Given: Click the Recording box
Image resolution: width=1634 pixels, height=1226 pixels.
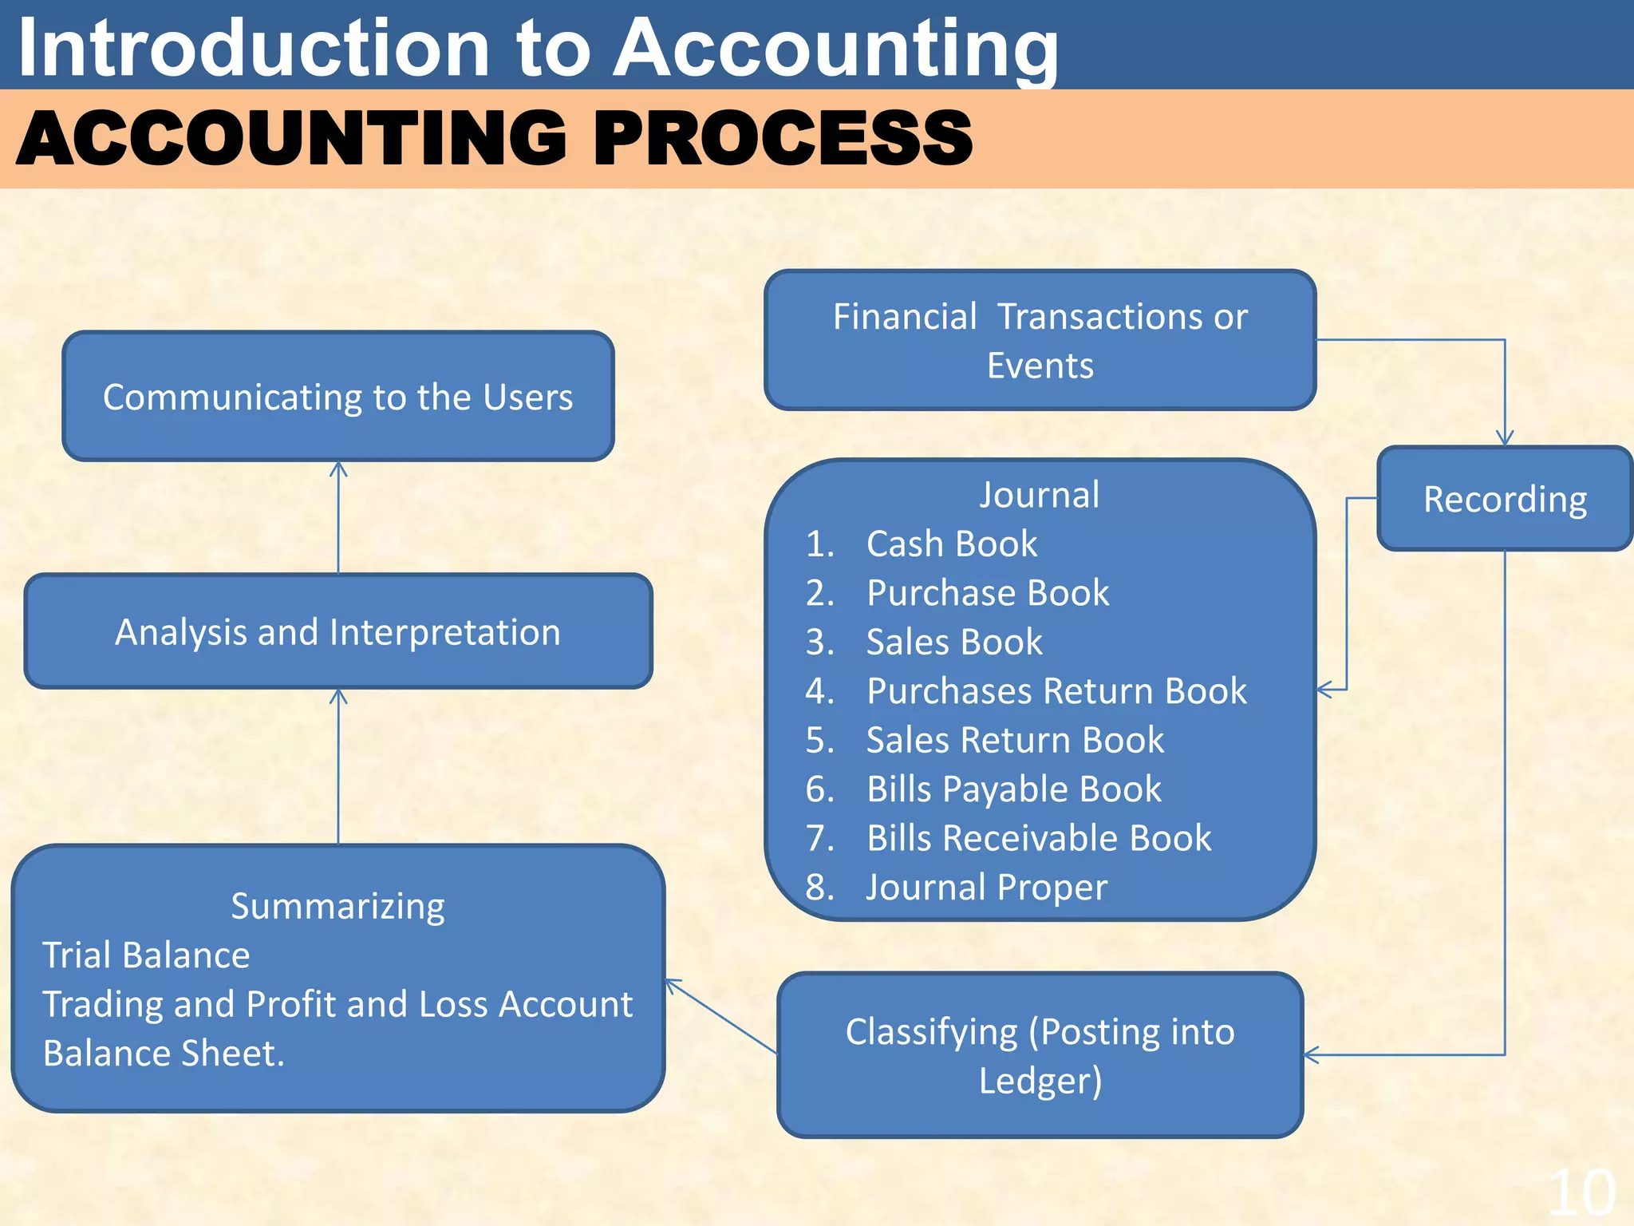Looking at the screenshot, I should (1505, 499).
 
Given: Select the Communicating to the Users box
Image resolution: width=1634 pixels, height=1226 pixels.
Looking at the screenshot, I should (338, 397).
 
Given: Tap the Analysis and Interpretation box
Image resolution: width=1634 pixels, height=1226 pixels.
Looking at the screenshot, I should (338, 631).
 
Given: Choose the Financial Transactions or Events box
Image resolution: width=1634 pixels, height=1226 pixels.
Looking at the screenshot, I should (1040, 340).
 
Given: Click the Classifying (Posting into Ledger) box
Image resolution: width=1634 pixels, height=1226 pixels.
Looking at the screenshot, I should (1040, 1055).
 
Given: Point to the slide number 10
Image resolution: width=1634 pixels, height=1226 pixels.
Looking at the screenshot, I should (1581, 1193).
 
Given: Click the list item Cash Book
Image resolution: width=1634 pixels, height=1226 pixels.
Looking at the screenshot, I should (951, 544).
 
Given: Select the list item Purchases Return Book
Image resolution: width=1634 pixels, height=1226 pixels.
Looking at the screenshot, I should (1056, 690).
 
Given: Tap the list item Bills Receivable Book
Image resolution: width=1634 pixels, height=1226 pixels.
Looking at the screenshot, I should (1038, 838).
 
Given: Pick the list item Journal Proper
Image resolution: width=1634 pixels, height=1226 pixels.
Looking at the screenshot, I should (986, 887).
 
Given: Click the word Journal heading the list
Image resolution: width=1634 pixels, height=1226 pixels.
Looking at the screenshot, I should (1040, 494).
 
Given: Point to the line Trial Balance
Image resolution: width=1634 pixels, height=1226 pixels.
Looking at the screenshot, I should (146, 955).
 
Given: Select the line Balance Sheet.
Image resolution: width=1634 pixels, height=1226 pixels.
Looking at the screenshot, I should (164, 1053).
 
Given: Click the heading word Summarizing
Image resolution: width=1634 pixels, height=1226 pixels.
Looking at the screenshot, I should (337, 906).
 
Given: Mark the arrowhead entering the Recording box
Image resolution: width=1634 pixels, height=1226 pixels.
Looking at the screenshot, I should (1505, 438).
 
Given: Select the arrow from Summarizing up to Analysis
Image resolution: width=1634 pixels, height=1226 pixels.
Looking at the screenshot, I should (338, 766).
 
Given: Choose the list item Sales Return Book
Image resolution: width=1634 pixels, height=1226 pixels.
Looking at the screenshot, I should (1015, 740).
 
